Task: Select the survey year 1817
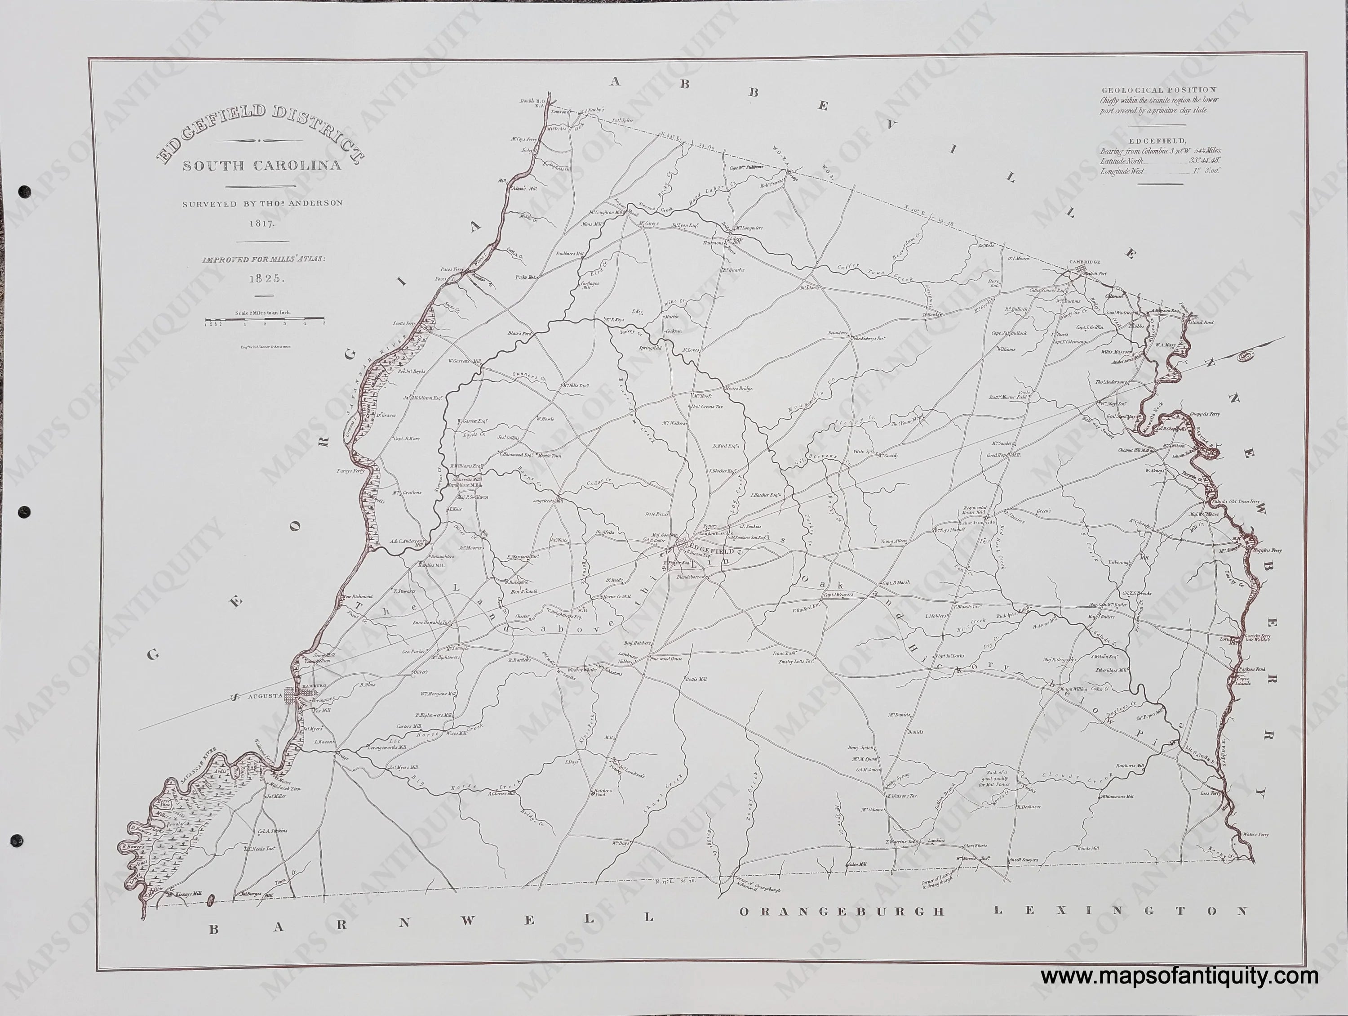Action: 262,223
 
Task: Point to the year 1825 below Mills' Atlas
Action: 264,278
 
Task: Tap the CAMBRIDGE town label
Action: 1085,263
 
